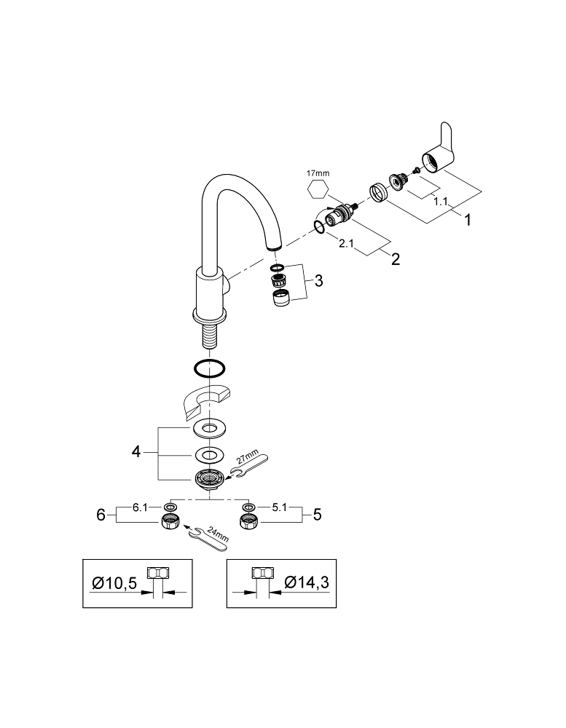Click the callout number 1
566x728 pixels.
[x=467, y=218]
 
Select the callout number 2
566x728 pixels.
[x=395, y=259]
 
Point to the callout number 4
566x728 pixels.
[x=135, y=452]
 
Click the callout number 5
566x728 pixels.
[x=317, y=515]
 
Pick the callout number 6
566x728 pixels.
[x=101, y=515]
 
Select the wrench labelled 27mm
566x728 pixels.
[x=249, y=467]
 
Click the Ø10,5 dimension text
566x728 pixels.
[x=114, y=582]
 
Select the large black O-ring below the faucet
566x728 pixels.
[x=210, y=369]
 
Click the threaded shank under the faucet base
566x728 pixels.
[x=210, y=339]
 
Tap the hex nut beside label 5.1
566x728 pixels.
[x=248, y=522]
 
